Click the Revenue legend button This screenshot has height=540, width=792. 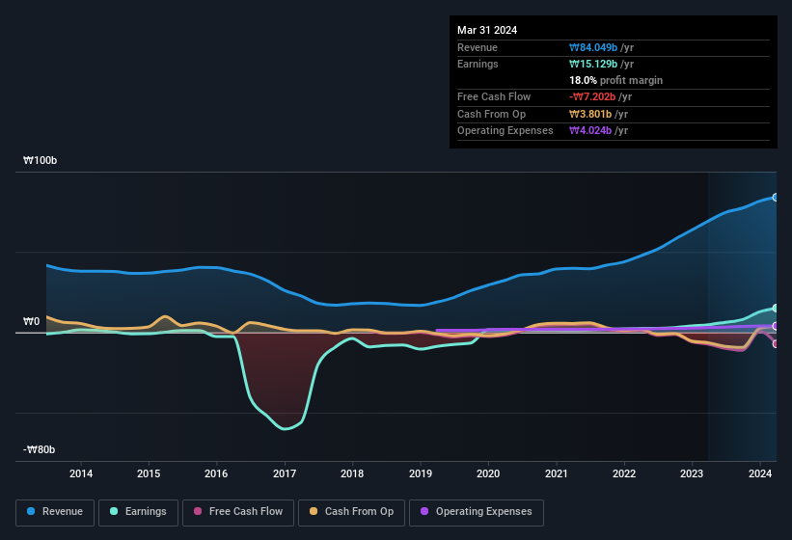point(55,512)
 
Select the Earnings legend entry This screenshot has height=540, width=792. point(139,512)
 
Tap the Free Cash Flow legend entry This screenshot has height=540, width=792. point(238,512)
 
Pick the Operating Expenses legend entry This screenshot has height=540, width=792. point(476,512)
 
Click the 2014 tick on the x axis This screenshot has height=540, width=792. point(81,473)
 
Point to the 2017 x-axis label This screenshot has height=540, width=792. point(285,473)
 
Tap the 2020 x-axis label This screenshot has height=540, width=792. point(488,473)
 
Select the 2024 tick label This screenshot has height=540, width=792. point(759,473)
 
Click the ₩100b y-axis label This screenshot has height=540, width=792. point(41,161)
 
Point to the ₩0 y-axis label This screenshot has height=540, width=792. point(32,321)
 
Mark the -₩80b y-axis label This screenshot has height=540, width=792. point(40,449)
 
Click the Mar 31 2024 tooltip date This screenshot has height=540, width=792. point(487,30)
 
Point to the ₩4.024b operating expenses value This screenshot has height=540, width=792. point(591,130)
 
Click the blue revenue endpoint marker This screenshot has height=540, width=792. point(775,197)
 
